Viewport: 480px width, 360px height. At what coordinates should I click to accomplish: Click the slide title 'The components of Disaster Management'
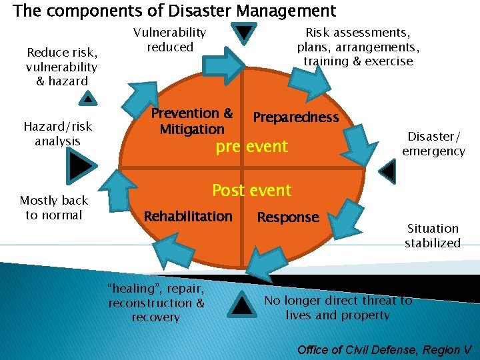coord(175,11)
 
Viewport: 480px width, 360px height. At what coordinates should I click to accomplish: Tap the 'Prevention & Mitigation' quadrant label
coord(191,121)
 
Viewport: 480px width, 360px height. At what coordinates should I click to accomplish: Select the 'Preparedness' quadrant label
coord(295,117)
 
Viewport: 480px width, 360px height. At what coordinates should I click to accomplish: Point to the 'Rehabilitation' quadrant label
coord(188,217)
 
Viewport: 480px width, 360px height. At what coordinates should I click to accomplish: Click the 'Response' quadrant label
coord(288,217)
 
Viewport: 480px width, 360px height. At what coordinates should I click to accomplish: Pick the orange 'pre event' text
coord(251,147)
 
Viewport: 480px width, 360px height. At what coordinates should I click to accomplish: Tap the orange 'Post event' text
coord(251,191)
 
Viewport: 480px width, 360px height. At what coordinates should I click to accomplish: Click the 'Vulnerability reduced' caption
coord(170,39)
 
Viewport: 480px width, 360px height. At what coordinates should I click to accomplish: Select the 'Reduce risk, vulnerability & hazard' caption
coord(61,67)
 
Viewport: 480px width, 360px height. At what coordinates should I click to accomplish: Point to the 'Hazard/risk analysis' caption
coord(58,133)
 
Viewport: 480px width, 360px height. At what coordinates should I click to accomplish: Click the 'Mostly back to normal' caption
coord(53,208)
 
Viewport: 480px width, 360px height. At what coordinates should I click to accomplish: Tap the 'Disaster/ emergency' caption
coord(433,144)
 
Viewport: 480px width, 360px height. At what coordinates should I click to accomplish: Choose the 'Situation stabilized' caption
coord(433,235)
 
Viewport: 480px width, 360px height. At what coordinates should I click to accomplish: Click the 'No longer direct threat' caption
coord(338,308)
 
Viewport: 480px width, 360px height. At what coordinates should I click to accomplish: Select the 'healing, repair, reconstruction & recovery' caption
coord(157,303)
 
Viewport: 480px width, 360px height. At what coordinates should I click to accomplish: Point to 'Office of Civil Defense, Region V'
coord(384,349)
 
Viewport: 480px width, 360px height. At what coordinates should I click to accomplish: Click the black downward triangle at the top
coord(245,33)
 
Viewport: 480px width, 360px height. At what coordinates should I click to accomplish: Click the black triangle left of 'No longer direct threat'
coord(243,305)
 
